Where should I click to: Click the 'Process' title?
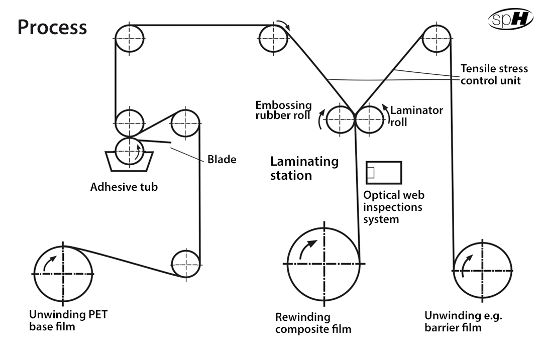coord(52,27)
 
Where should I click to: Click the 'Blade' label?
coord(222,159)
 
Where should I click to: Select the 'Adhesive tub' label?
coord(124,187)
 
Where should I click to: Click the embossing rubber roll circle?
coord(327,119)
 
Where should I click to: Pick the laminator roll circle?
coord(383,119)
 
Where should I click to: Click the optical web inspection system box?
coord(384,162)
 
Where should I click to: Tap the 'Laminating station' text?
coord(304,168)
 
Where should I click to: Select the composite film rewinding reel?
coord(288,264)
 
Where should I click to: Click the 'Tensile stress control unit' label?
coord(494,74)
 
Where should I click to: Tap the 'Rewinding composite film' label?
coord(313,323)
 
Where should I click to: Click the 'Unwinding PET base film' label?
coord(68,320)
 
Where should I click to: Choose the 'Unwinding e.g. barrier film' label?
coord(463,321)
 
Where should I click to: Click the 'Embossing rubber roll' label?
coord(283,110)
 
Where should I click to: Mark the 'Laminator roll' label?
coord(416,116)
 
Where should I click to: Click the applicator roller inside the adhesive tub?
coord(116,151)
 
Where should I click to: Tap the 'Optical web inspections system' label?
coord(394,207)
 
